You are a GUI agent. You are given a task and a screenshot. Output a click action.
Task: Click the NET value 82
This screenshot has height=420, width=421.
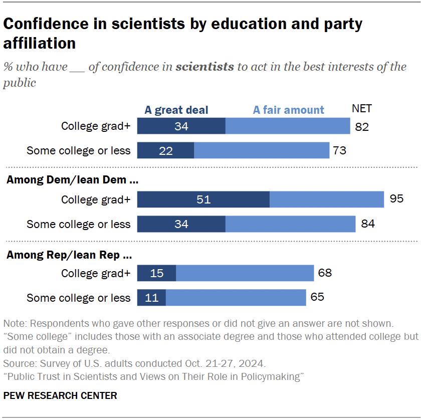(361, 127)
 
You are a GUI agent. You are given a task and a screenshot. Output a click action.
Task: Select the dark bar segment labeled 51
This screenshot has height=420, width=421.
(203, 199)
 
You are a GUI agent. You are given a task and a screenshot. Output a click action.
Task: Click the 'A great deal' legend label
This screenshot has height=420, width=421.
(176, 110)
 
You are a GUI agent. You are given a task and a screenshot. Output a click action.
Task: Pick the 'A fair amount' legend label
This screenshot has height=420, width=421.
(288, 110)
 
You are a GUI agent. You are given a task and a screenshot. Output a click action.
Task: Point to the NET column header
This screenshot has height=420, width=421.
(362, 109)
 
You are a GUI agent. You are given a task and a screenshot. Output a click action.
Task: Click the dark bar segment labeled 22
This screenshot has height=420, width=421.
(165, 150)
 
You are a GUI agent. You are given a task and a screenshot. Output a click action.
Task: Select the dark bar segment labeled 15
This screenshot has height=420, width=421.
(156, 273)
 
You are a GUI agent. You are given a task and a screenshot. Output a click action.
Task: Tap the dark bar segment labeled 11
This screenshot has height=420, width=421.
(151, 298)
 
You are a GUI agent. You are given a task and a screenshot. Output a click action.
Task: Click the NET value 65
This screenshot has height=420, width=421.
(317, 297)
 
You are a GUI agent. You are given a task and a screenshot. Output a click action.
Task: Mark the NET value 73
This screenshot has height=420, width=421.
(340, 150)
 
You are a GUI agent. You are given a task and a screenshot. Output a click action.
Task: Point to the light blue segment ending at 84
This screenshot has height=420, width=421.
(290, 224)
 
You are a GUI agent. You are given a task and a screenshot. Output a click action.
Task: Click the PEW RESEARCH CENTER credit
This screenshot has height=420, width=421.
(60, 395)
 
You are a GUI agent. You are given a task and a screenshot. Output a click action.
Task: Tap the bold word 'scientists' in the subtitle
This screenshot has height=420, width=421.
(204, 67)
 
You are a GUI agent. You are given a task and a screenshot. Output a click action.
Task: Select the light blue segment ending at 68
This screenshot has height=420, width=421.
(245, 273)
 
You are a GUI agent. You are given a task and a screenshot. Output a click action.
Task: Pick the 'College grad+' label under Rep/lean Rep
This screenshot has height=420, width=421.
(96, 273)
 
